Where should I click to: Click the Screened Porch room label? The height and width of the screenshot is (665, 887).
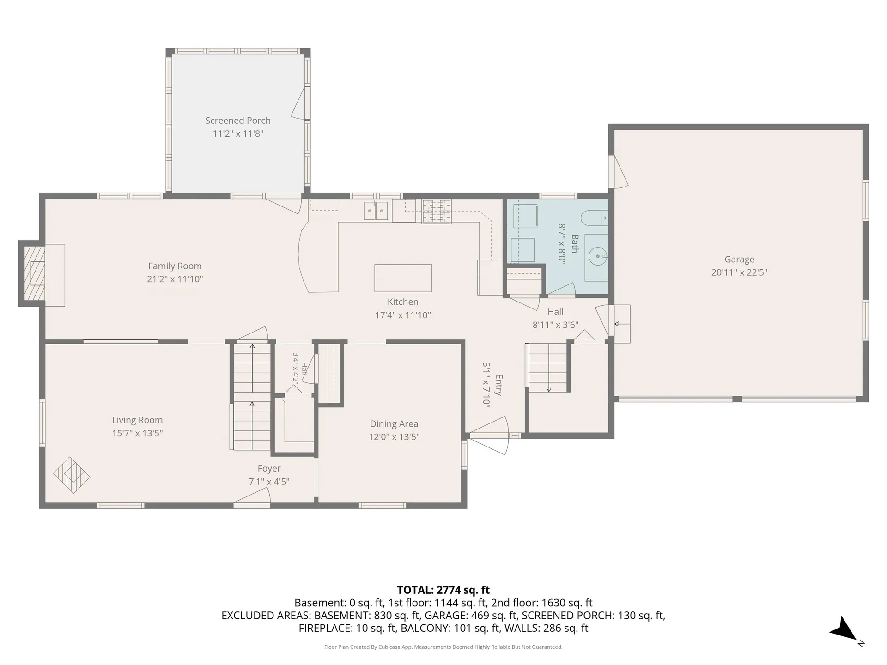pyautogui.click(x=238, y=121)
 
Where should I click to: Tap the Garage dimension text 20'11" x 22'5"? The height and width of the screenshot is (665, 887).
pyautogui.click(x=739, y=272)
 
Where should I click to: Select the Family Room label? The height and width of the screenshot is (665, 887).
pyautogui.click(x=175, y=266)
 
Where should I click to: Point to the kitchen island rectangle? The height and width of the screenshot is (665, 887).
pyautogui.click(x=403, y=278)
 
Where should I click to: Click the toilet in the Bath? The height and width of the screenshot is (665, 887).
pyautogui.click(x=594, y=218)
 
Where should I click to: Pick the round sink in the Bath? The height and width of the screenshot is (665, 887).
pyautogui.click(x=598, y=255)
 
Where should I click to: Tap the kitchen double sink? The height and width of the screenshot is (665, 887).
pyautogui.click(x=376, y=211)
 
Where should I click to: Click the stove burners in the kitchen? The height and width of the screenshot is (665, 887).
pyautogui.click(x=436, y=211)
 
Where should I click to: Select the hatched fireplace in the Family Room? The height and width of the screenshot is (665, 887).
pyautogui.click(x=34, y=273)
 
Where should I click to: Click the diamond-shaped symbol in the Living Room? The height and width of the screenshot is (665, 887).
pyautogui.click(x=72, y=475)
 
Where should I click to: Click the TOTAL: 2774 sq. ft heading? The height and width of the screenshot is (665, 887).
pyautogui.click(x=443, y=590)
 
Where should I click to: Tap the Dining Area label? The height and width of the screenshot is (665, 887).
pyautogui.click(x=394, y=424)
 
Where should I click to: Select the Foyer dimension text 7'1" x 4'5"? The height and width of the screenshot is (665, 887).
pyautogui.click(x=269, y=482)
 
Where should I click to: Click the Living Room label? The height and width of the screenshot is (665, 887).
pyautogui.click(x=137, y=420)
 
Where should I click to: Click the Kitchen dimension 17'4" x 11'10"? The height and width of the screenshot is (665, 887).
pyautogui.click(x=403, y=315)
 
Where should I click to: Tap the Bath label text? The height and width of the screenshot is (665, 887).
pyautogui.click(x=575, y=243)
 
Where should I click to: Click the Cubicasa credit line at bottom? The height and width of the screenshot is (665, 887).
pyautogui.click(x=443, y=647)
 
